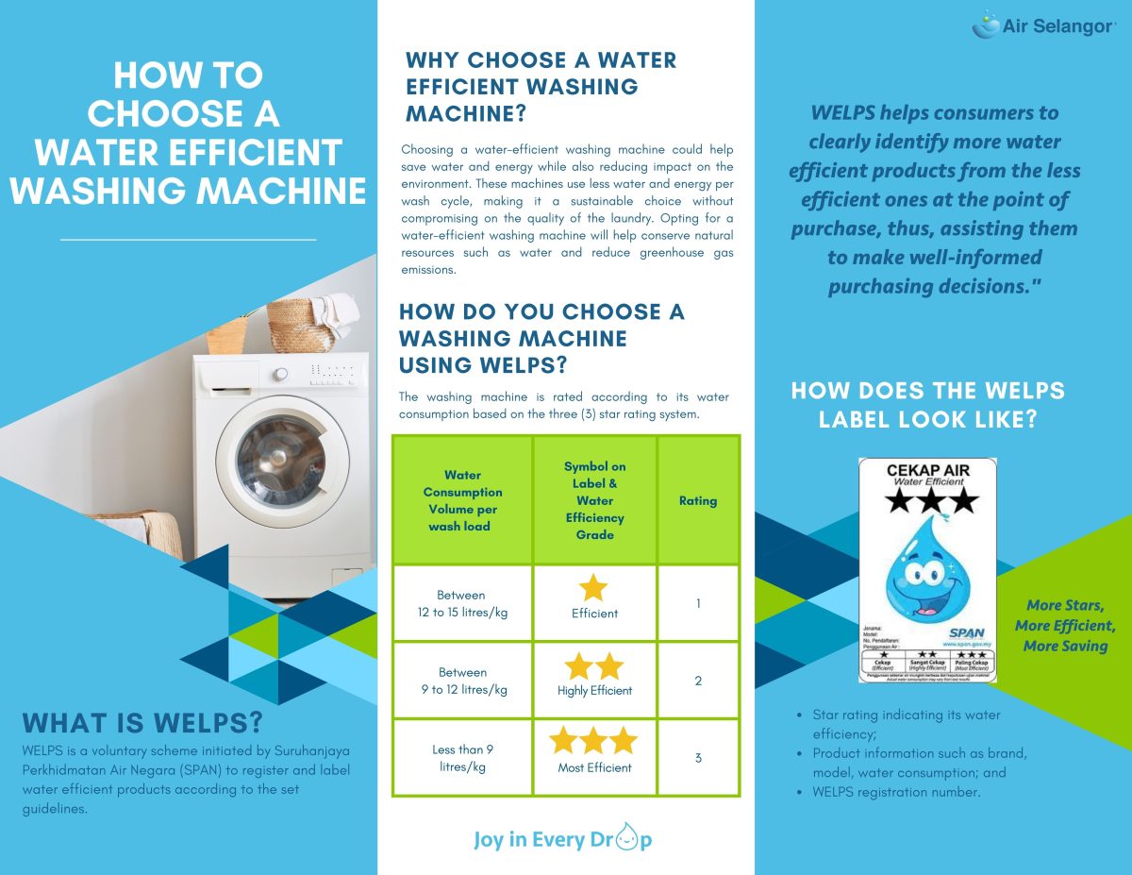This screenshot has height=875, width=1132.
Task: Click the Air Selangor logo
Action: click(1043, 25)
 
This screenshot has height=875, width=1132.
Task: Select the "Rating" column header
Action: click(698, 500)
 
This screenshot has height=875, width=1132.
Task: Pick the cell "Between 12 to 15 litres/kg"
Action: click(462, 603)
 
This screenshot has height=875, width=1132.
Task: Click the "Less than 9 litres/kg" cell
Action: click(462, 758)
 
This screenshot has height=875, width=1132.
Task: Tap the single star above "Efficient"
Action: click(593, 588)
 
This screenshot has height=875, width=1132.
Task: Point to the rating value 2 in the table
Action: click(698, 681)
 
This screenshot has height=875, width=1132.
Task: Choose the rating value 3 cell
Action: click(698, 758)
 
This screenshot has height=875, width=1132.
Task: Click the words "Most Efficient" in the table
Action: click(594, 767)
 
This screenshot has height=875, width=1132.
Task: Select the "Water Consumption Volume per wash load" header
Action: click(462, 500)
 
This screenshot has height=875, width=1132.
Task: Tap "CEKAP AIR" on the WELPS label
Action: click(927, 470)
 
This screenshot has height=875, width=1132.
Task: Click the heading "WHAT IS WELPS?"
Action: click(142, 724)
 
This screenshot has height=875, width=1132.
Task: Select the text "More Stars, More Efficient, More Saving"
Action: click(1065, 626)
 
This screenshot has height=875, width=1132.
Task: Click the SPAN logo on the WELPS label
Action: click(966, 633)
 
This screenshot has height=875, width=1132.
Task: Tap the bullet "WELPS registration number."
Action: click(896, 792)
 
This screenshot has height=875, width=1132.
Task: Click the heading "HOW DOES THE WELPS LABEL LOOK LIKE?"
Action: click(927, 404)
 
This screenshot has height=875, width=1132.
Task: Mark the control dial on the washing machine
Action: click(280, 374)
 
